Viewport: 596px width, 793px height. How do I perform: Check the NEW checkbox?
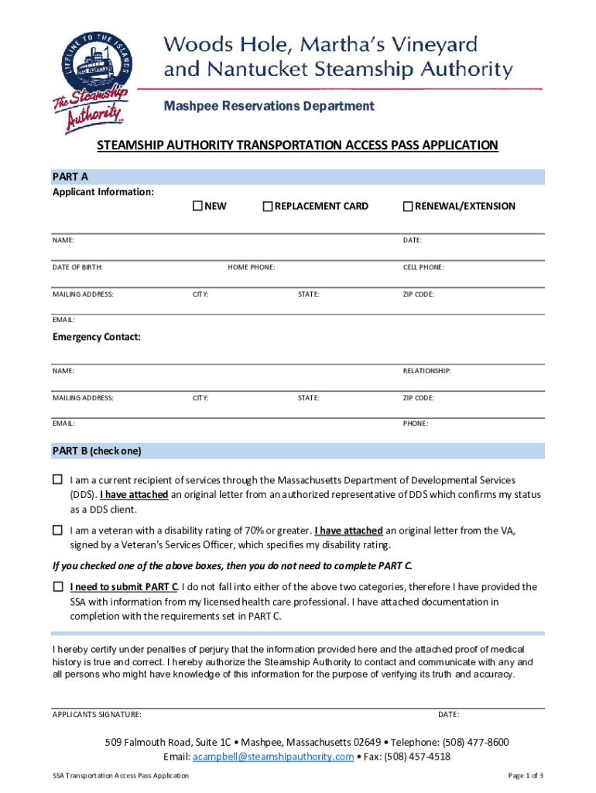(x=197, y=206)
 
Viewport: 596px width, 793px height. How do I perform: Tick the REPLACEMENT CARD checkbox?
(x=268, y=206)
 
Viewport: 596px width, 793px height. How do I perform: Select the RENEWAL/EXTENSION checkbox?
(x=408, y=206)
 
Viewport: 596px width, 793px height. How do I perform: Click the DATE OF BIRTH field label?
(x=77, y=267)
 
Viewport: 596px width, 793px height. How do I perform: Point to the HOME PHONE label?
(x=251, y=267)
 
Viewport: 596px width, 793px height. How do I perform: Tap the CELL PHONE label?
(x=423, y=267)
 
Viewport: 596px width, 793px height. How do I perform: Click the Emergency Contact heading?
(x=97, y=337)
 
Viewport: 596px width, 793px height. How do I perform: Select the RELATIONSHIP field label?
(x=426, y=371)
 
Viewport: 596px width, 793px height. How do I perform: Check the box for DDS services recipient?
(x=57, y=480)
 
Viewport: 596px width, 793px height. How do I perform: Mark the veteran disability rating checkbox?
(x=57, y=530)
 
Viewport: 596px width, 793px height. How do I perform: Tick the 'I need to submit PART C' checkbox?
(x=57, y=586)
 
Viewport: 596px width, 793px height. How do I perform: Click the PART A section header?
(x=70, y=177)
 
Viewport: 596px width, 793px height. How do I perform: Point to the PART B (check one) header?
(x=97, y=451)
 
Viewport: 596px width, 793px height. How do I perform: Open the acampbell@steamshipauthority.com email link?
(x=273, y=757)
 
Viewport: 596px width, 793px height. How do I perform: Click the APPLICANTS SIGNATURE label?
(x=97, y=714)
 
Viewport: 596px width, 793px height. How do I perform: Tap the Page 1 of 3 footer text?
(x=526, y=775)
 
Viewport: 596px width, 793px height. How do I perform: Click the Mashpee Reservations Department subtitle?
(x=269, y=106)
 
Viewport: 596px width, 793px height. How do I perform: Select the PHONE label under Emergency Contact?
(x=416, y=424)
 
